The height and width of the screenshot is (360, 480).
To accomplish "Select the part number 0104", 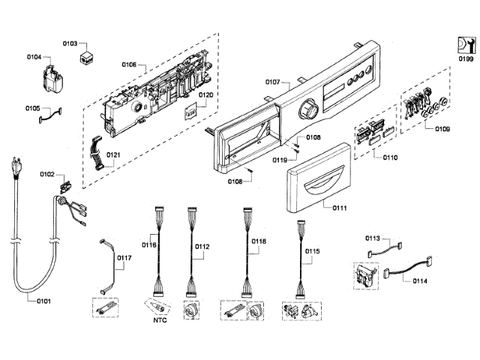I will pos(34,55).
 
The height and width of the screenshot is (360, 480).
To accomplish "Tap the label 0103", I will pos(70,43).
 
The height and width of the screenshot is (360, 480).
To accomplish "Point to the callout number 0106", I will pos(128,65).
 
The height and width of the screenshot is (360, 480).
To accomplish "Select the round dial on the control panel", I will pos(307,112).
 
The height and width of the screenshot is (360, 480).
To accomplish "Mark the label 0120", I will pos(205,96).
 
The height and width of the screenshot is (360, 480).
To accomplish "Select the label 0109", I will pos(442,129).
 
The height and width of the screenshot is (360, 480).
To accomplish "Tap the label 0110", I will pos(388,157).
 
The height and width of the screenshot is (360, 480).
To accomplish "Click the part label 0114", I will pos(420,281).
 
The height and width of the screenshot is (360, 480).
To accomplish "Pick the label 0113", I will pos(373,238).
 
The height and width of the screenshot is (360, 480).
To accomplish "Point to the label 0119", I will pos(279,160).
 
